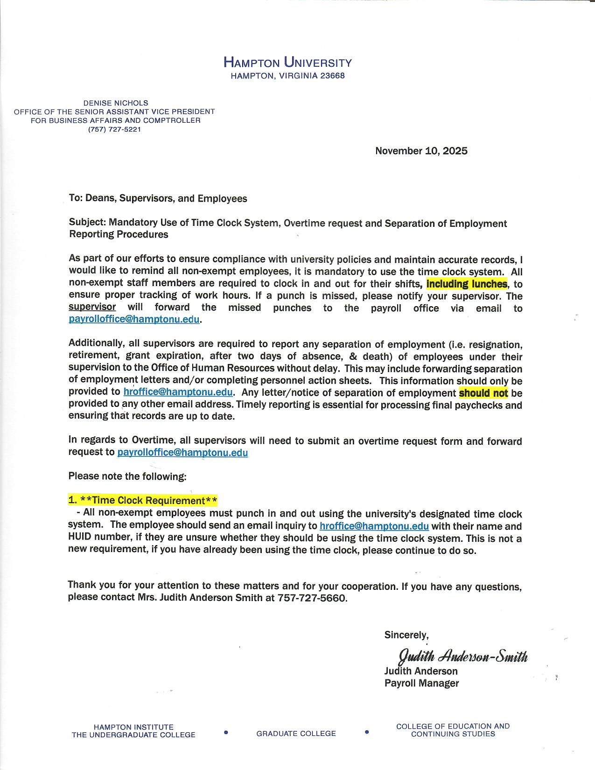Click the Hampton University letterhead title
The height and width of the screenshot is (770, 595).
pos(287,62)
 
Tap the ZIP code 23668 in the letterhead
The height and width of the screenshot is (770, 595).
pos(332,76)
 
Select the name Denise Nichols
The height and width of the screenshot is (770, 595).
pos(115,103)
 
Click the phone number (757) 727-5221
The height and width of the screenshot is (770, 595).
pos(114,129)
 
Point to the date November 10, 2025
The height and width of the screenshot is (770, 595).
pos(421,151)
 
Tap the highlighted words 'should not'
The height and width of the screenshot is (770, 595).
pos(483,393)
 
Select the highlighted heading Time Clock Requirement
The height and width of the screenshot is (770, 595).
pos(143,500)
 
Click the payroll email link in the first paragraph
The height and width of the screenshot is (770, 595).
pos(134,320)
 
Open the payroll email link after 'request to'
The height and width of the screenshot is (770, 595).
pos(182,453)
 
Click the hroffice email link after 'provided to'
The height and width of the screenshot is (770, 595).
pos(178,392)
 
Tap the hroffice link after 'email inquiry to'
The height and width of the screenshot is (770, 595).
pos(374,526)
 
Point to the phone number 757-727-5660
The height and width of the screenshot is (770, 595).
pos(312,598)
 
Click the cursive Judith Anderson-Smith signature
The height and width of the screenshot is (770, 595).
pos(462,656)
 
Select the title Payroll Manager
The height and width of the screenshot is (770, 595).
pos(421,683)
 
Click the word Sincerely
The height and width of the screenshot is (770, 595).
pos(406,635)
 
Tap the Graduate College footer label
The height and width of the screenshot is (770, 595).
pos(296,734)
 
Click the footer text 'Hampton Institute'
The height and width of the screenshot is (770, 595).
pos(133,727)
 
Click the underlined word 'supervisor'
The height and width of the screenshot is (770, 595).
pos(92,307)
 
